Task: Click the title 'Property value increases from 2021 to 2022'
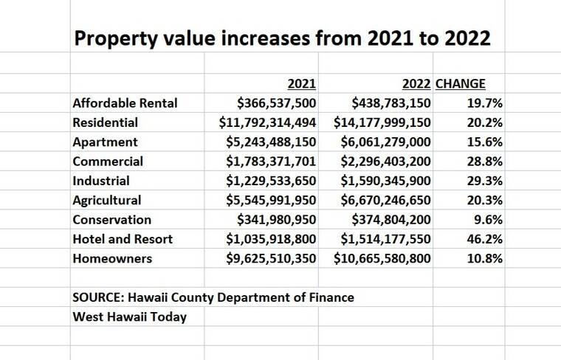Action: pyautogui.click(x=281, y=38)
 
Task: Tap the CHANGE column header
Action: pyautogui.click(x=461, y=84)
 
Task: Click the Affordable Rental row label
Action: pyautogui.click(x=125, y=103)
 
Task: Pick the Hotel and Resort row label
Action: pyautogui.click(x=123, y=239)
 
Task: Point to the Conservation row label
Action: pyautogui.click(x=111, y=220)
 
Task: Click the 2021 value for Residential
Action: pyautogui.click(x=268, y=122)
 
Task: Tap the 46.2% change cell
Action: pyautogui.click(x=485, y=239)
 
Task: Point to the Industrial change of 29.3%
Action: pyautogui.click(x=485, y=181)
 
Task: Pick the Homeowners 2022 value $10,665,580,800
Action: pyautogui.click(x=382, y=258)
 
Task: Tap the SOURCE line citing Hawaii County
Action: pyautogui.click(x=213, y=297)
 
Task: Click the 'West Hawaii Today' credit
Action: pyautogui.click(x=129, y=316)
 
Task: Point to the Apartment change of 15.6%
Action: pyautogui.click(x=485, y=142)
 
